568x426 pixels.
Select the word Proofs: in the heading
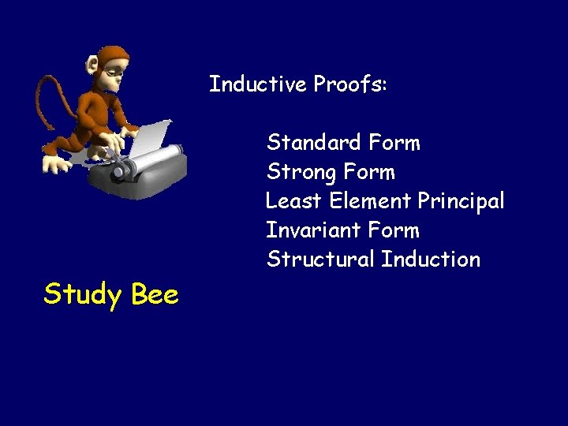pos(350,84)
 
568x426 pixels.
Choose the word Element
pos(370,201)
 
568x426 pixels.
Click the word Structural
pos(320,260)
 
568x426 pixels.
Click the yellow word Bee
pos(155,295)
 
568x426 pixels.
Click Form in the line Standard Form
pos(395,143)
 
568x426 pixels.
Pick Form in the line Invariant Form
pos(394,230)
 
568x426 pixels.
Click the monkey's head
pos(111,67)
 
